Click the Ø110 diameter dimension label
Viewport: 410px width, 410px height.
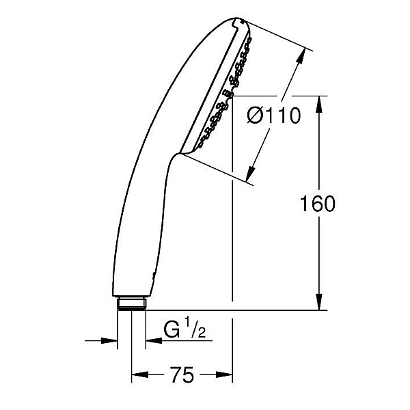pyautogui.click(x=274, y=115)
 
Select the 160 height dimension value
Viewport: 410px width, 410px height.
pyautogui.click(x=317, y=203)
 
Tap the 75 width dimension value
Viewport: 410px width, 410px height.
pyautogui.click(x=182, y=374)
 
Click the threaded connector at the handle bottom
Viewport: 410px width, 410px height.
pyautogui.click(x=131, y=303)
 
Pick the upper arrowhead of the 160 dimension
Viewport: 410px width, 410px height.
pyautogui.click(x=318, y=105)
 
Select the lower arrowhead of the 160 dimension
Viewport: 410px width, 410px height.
pyautogui.click(x=318, y=302)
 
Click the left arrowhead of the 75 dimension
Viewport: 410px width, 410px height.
pyautogui.click(x=140, y=374)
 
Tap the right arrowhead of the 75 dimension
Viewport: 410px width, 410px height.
pyautogui.click(x=224, y=374)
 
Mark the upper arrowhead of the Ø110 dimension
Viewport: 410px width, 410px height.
pyautogui.click(x=301, y=56)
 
